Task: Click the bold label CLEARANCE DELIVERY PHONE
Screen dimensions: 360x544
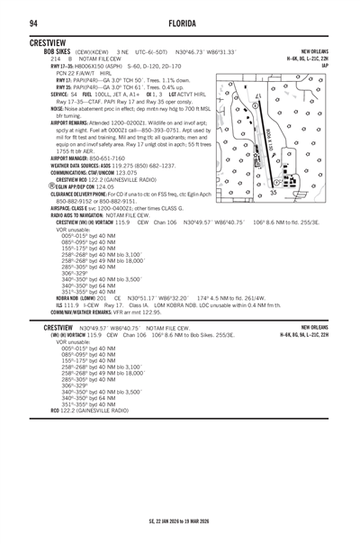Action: (68, 193)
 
